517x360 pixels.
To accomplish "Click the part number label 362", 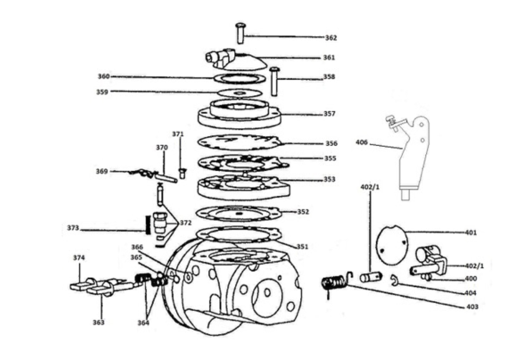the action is tap(331, 38).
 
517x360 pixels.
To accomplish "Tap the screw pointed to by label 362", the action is tap(240, 33).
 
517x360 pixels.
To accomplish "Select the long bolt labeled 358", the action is tap(274, 81).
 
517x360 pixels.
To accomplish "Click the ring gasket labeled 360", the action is tap(240, 79).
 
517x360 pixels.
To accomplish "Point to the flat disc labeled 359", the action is tap(240, 93).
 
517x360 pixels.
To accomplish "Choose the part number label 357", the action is tap(329, 114).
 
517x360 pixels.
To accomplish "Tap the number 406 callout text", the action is tap(361, 142).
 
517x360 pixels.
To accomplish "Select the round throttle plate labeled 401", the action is tap(392, 245).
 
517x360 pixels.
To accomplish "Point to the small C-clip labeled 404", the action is tap(394, 280).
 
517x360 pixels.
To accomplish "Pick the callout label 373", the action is tap(73, 228).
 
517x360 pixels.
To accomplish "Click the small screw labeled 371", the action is tap(182, 173).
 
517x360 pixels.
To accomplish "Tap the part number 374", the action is tap(79, 257).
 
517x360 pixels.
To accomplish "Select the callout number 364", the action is tap(143, 323).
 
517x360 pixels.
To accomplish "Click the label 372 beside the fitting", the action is tap(186, 223).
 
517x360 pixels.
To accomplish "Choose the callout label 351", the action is tap(302, 247).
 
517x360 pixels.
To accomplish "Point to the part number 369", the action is tap(102, 171).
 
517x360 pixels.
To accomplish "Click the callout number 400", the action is tap(471, 279).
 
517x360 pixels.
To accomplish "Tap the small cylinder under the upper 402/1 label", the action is tap(371, 277).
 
